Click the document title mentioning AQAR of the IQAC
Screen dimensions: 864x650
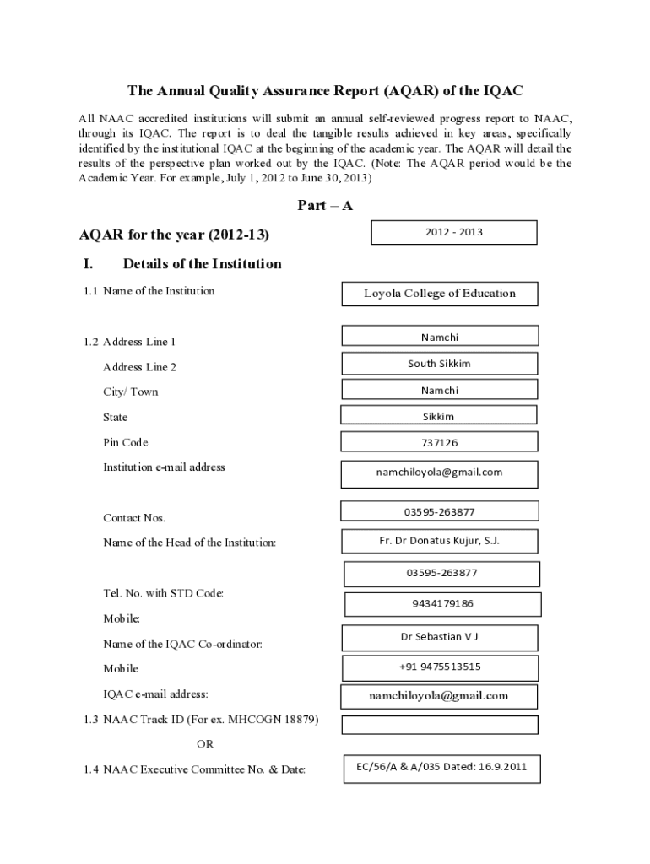coord(325,90)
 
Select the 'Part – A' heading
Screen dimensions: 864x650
coord(325,205)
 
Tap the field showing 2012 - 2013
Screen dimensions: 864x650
coord(454,232)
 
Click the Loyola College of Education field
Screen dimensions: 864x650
coord(439,294)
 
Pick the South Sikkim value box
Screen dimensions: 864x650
coord(439,364)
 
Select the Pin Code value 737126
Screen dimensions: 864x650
coord(439,442)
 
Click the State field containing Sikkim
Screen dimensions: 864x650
coord(438,416)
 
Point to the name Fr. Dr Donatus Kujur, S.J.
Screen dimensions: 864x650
coord(439,541)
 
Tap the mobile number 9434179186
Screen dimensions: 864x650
coord(442,604)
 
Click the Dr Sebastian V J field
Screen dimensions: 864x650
coord(439,637)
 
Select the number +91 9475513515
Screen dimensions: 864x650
coord(440,667)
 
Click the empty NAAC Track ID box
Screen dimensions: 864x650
coord(439,725)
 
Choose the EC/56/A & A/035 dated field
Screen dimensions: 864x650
coord(441,767)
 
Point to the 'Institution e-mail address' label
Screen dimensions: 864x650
coord(164,467)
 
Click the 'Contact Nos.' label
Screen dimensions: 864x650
coord(134,517)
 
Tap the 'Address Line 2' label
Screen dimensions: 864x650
coord(139,367)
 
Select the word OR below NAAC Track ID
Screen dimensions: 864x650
coord(205,744)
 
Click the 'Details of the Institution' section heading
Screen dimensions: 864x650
coord(202,264)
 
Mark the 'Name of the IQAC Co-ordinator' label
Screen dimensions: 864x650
coord(182,644)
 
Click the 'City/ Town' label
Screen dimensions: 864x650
coord(130,391)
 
